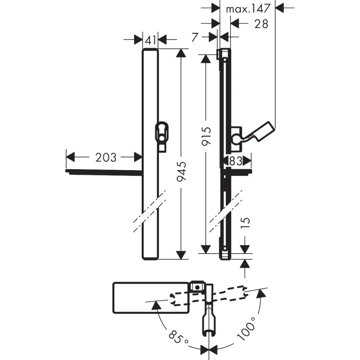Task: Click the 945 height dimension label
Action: (182, 171)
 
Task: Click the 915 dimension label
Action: (206, 136)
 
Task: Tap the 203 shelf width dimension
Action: (106, 157)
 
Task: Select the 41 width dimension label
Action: (151, 40)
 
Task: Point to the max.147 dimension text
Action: (248, 9)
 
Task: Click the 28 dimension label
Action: (261, 24)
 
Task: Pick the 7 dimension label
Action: (195, 37)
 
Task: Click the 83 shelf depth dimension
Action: (236, 161)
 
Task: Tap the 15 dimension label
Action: (245, 224)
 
